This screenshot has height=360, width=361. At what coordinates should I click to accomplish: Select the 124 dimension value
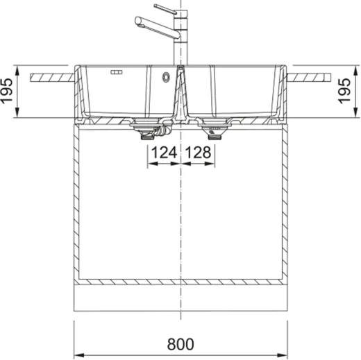pyautogui.click(x=164, y=152)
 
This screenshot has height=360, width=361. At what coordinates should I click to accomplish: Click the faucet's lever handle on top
pyautogui.click(x=165, y=8)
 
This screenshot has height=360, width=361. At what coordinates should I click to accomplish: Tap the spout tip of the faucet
pyautogui.click(x=140, y=23)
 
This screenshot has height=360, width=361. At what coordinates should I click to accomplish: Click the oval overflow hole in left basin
pyautogui.click(x=166, y=76)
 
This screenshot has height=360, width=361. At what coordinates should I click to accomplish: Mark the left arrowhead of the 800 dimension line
pyautogui.click(x=78, y=332)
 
